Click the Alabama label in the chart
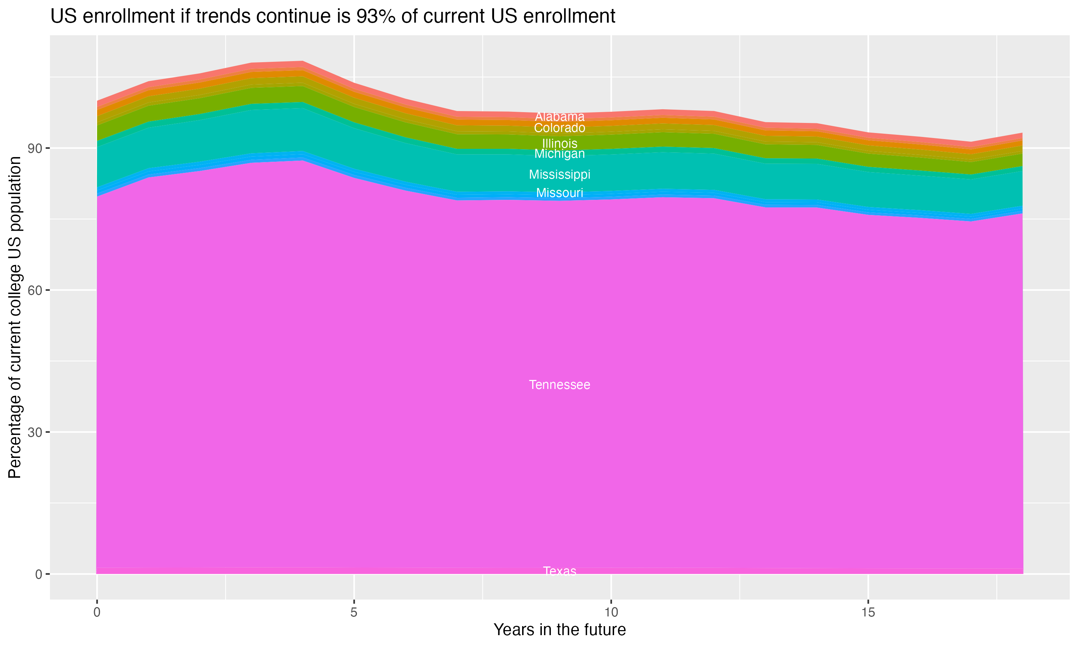pos(559,117)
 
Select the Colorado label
pos(559,128)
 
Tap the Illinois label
pos(559,143)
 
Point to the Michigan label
pos(559,154)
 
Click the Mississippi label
pos(559,175)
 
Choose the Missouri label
pos(559,193)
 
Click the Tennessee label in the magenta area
pos(559,385)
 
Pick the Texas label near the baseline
pos(559,571)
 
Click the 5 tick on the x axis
pos(354,612)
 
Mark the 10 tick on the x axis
pos(611,612)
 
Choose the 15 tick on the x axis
pos(869,612)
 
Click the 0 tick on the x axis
pos(97,612)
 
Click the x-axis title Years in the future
pos(559,630)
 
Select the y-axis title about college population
pos(15,317)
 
